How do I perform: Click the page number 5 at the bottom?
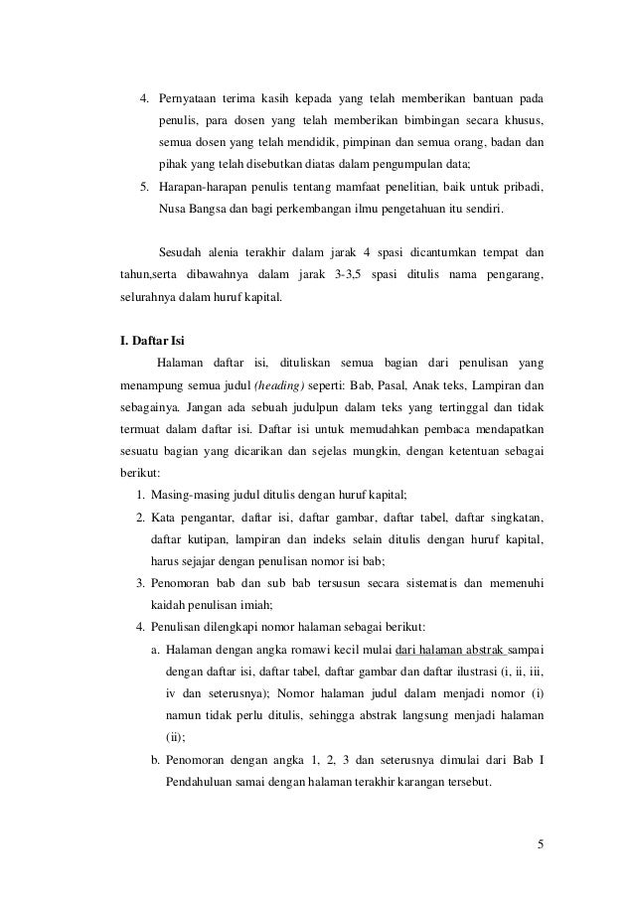point(540,845)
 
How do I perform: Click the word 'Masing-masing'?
point(185,495)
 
